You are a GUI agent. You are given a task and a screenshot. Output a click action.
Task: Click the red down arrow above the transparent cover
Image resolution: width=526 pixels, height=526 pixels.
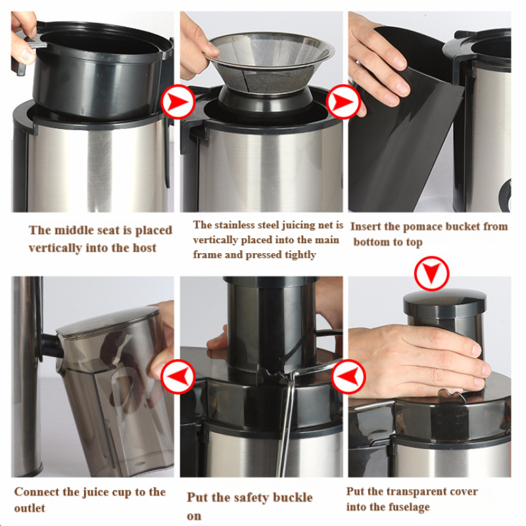pos(431,274)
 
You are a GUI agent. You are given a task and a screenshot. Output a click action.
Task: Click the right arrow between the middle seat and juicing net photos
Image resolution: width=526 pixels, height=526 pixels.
pos(178,102)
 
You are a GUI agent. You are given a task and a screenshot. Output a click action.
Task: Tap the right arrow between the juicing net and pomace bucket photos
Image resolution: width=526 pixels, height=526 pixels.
pos(343,102)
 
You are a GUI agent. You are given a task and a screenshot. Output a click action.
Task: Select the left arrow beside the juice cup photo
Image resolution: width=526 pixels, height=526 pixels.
pos(178,376)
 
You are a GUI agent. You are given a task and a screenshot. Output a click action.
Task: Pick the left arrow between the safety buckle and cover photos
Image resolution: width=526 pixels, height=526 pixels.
pos(348,376)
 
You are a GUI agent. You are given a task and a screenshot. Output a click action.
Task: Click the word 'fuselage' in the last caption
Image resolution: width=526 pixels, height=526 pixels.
pos(408,507)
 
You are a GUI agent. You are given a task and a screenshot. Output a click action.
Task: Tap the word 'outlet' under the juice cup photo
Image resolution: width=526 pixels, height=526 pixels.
pos(30,508)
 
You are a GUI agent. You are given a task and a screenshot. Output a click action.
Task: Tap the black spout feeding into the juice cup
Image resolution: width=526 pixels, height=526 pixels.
pos(51,347)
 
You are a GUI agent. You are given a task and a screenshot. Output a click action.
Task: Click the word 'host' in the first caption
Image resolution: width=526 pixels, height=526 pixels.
pos(145,248)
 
